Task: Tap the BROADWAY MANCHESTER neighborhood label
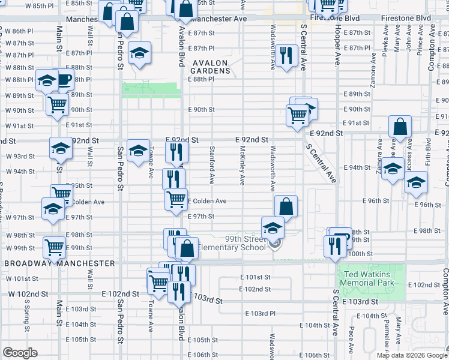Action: (59, 263)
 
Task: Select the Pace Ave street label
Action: (351, 338)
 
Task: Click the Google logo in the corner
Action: (20, 353)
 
